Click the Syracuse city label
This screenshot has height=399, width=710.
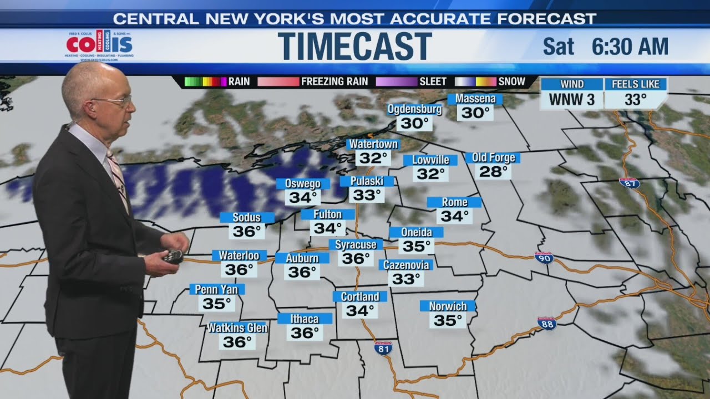click(x=356, y=244)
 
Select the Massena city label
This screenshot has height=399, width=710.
click(x=475, y=99)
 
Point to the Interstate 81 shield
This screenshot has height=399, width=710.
click(x=383, y=348)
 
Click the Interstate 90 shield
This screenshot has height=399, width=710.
click(x=544, y=257)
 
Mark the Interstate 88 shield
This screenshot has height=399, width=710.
click(x=547, y=323)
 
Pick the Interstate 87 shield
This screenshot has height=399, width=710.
click(x=630, y=183)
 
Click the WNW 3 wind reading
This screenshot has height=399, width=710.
click(x=571, y=100)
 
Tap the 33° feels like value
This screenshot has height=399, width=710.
click(x=635, y=100)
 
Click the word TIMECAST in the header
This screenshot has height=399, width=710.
click(x=354, y=46)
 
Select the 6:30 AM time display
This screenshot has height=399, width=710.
click(x=630, y=47)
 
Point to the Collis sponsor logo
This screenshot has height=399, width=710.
click(x=99, y=45)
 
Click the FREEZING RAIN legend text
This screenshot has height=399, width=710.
click(x=334, y=81)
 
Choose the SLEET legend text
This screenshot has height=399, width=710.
click(x=433, y=81)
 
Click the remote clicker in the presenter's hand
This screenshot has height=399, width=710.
click(x=172, y=256)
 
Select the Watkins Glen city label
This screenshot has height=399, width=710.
click(x=237, y=328)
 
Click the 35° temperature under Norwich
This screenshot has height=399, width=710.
click(x=448, y=320)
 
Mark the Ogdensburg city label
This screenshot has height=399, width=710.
click(x=414, y=109)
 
